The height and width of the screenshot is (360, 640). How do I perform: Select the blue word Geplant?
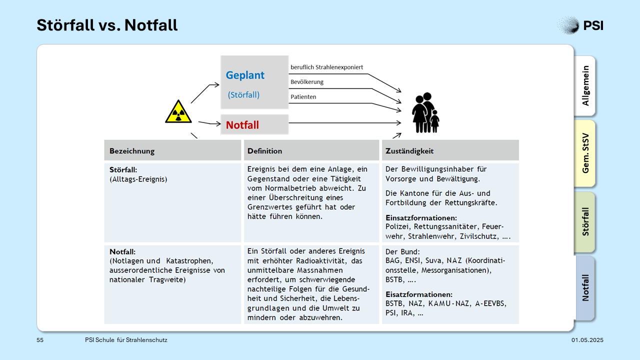(245, 75)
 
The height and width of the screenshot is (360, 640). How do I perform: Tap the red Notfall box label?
(242, 125)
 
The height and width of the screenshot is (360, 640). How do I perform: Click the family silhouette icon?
(425, 112)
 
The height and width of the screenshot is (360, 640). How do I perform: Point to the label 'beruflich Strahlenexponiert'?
(326, 67)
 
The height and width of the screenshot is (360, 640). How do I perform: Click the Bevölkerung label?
(307, 82)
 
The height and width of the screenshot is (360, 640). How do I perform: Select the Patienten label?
(303, 97)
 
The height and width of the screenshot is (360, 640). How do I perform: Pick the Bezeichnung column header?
(132, 151)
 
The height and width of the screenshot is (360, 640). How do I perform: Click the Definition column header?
(264, 151)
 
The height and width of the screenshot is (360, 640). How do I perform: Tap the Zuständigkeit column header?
(409, 151)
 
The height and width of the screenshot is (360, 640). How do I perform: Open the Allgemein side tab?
(585, 85)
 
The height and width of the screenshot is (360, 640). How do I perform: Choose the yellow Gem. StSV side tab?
(585, 153)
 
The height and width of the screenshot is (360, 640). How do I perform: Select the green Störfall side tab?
(585, 222)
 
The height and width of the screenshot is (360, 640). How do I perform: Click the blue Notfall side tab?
(585, 288)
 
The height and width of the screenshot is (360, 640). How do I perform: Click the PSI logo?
(580, 25)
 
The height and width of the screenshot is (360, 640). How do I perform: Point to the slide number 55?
(40, 340)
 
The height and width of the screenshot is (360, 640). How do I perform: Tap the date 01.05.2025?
(587, 340)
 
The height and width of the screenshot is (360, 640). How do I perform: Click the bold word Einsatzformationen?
(421, 217)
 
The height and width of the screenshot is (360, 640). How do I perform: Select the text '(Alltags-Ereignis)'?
(138, 179)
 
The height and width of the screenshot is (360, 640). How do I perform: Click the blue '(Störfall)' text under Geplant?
(243, 95)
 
